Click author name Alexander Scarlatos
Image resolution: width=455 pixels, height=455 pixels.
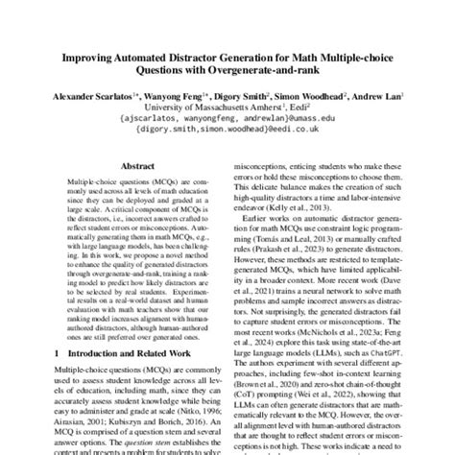coord(117,99)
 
